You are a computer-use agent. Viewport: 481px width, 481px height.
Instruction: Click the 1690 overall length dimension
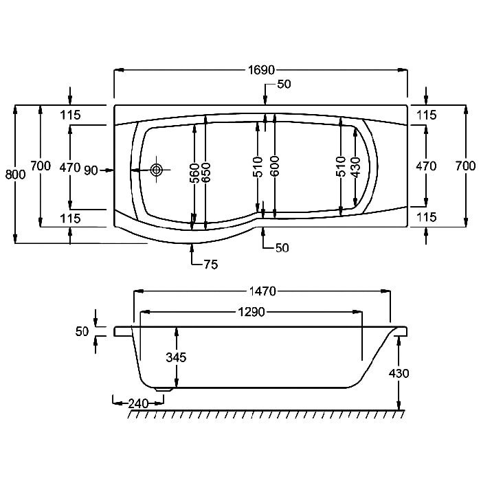point(261,70)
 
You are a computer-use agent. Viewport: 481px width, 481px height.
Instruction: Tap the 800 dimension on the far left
point(15,175)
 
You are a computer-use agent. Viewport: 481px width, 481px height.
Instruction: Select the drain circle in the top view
point(156,169)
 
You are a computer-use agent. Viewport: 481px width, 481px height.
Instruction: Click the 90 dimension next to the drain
point(91,170)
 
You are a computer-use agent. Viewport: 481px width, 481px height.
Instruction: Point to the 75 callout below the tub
point(211,264)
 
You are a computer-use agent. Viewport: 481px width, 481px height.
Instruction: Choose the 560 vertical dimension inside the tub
point(194,173)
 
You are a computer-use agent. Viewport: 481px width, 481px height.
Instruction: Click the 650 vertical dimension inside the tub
point(206,172)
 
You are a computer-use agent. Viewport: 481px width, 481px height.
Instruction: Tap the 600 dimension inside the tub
point(275,166)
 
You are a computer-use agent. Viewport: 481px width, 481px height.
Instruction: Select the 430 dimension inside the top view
point(356,167)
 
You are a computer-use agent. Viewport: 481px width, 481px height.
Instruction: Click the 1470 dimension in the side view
point(262,291)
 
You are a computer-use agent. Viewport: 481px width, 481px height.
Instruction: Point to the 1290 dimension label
point(251,312)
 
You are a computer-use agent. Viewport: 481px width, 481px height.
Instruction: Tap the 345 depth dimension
point(177,357)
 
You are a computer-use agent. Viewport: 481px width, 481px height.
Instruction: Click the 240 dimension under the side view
point(138,403)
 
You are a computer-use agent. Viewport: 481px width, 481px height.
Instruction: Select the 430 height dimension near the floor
point(399,373)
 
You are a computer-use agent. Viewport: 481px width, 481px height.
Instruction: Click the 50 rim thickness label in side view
point(82,331)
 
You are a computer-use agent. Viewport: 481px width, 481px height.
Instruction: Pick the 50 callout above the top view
point(284,84)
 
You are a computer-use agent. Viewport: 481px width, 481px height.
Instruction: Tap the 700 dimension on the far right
point(465,166)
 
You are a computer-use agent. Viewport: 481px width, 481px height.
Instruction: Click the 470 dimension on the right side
point(426,166)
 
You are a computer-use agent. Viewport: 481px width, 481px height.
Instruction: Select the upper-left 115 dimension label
point(70,115)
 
